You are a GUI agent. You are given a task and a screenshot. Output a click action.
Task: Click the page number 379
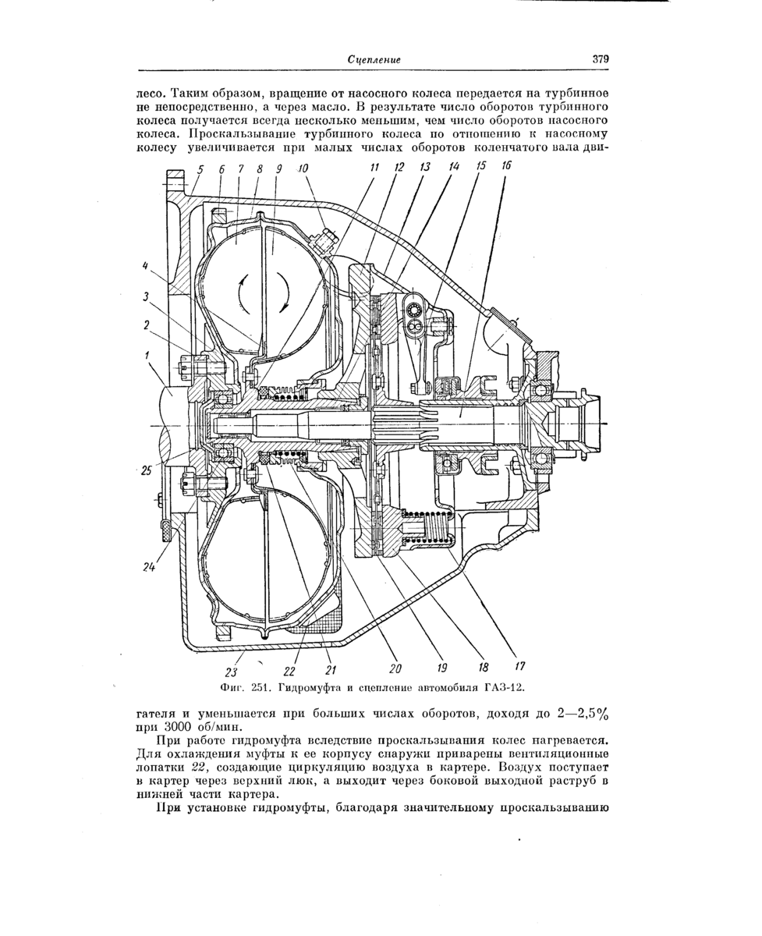[x=600, y=59]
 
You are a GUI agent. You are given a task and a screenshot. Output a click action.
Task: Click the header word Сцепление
[x=374, y=59]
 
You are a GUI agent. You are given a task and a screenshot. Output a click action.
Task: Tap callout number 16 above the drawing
[x=506, y=167]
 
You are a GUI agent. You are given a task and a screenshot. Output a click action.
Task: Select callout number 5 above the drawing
[x=200, y=168]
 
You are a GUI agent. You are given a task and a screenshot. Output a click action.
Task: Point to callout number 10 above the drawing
[x=303, y=168]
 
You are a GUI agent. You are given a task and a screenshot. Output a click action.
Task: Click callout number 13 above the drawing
[x=425, y=167]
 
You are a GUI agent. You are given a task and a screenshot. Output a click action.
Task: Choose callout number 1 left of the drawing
[x=148, y=355]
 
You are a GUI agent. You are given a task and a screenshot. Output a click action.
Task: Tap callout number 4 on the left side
[x=145, y=266]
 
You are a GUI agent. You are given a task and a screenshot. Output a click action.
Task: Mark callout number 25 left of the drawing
[x=147, y=470]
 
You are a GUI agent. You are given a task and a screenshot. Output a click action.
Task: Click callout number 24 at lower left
[x=149, y=568]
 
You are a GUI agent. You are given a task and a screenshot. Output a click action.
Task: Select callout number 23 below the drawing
[x=232, y=672]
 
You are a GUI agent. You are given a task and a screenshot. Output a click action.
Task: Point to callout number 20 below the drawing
[x=395, y=668]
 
